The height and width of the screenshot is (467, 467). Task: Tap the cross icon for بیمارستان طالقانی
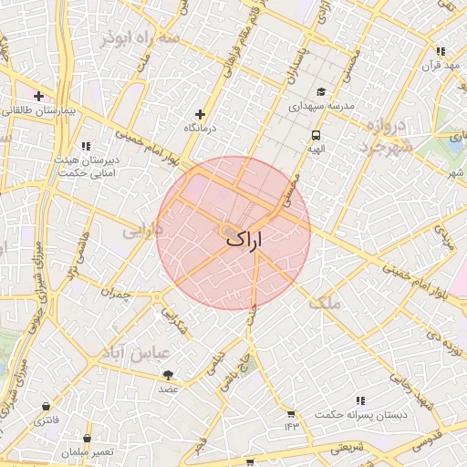pos(38,96)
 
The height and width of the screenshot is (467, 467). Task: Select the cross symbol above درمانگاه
pos(201,115)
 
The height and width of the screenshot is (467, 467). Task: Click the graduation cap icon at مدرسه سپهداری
pos(320,92)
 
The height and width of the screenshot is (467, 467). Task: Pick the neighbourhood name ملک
pos(325,304)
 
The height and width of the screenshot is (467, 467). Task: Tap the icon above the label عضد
pos(168,375)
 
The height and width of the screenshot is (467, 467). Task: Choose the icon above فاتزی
pos(46,406)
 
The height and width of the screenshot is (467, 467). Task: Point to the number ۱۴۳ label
pos(291,427)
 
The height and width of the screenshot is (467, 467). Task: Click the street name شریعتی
pos(346,447)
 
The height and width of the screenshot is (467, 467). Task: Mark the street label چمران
pos(118,295)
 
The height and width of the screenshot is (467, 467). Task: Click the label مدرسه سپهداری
pos(320,107)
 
